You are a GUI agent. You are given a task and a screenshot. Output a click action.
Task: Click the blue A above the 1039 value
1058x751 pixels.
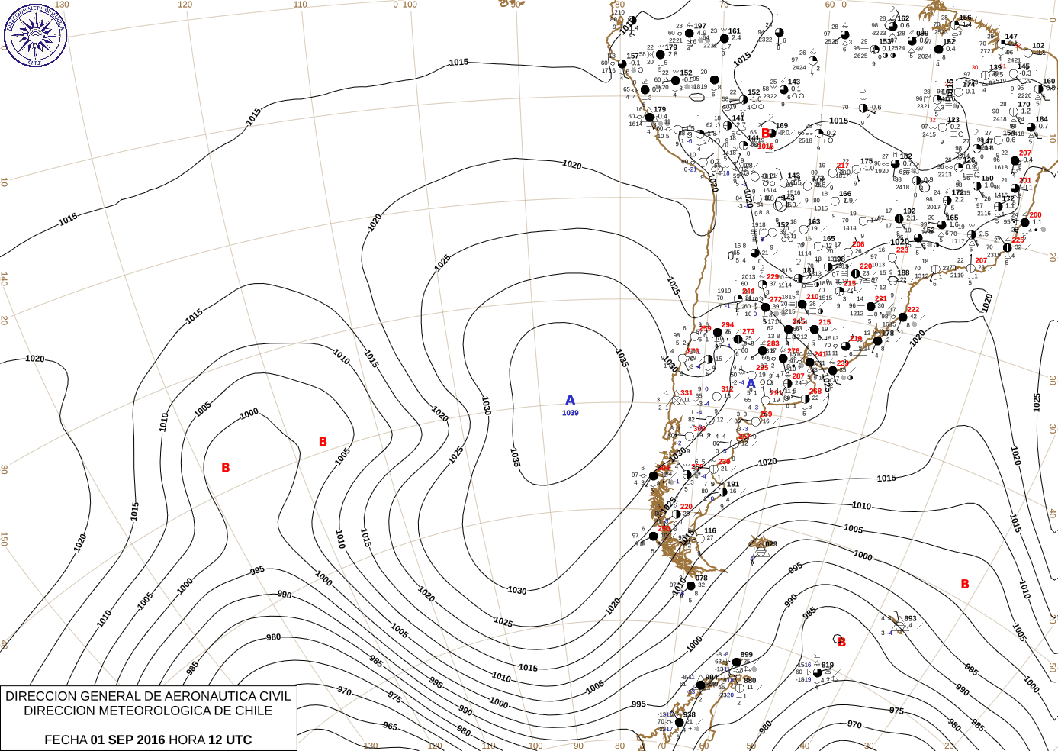coord(570,400)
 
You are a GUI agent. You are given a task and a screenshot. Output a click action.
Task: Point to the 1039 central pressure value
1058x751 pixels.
coord(570,413)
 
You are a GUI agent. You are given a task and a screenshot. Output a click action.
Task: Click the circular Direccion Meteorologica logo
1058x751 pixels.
coord(35,35)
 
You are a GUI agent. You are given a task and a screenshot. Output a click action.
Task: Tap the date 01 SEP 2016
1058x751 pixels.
coord(127,740)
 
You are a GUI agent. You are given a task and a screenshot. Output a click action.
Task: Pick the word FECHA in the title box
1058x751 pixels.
coord(65,740)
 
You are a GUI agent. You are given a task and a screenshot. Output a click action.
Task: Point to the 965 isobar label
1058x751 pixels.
coord(390,726)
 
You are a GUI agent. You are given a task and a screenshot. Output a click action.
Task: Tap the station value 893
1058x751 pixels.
coord(910,619)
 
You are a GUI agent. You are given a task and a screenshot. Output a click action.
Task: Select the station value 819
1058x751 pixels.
coord(828,666)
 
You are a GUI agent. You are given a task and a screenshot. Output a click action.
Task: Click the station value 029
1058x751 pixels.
coord(771,544)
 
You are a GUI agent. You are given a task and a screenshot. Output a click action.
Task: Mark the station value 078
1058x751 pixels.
coord(702,578)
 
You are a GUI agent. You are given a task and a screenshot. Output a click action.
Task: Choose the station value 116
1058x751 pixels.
coord(710,530)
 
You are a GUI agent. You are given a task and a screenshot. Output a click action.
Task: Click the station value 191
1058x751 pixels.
coord(733,484)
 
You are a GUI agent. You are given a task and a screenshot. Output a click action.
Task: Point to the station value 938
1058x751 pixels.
coord(689,715)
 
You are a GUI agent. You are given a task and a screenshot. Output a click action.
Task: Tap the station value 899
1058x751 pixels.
coord(746,655)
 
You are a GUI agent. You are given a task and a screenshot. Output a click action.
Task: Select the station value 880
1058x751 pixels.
coord(750,680)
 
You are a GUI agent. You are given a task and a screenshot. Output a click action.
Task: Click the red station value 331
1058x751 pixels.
coord(687,393)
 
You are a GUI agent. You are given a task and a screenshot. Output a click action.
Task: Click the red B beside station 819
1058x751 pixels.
coord(841,643)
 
